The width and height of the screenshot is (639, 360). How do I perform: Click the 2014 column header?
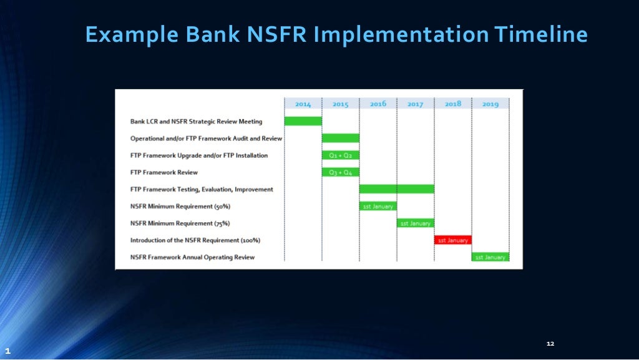(303, 104)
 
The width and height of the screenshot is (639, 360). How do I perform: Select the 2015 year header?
(341, 104)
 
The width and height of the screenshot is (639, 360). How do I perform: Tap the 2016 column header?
(378, 104)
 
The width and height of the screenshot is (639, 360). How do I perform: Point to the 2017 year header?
(416, 104)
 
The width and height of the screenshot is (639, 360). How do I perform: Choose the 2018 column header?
(453, 104)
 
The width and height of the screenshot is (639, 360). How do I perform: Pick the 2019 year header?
(490, 104)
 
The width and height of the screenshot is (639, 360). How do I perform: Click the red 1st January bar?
(453, 240)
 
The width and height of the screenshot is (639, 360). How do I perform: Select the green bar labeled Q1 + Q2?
(341, 155)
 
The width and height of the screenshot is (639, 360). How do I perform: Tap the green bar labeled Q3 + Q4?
(341, 172)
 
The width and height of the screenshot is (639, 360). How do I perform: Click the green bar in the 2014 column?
(303, 121)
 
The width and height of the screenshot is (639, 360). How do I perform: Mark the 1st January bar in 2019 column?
(490, 257)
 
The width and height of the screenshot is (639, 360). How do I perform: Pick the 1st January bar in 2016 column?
(378, 206)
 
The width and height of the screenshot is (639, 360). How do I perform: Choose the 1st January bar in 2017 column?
(416, 223)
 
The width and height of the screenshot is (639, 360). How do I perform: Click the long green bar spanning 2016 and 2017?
(397, 189)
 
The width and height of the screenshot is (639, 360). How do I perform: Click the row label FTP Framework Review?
(163, 172)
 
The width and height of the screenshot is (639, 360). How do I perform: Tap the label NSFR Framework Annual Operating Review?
(192, 257)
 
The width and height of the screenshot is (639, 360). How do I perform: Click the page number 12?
(550, 344)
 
